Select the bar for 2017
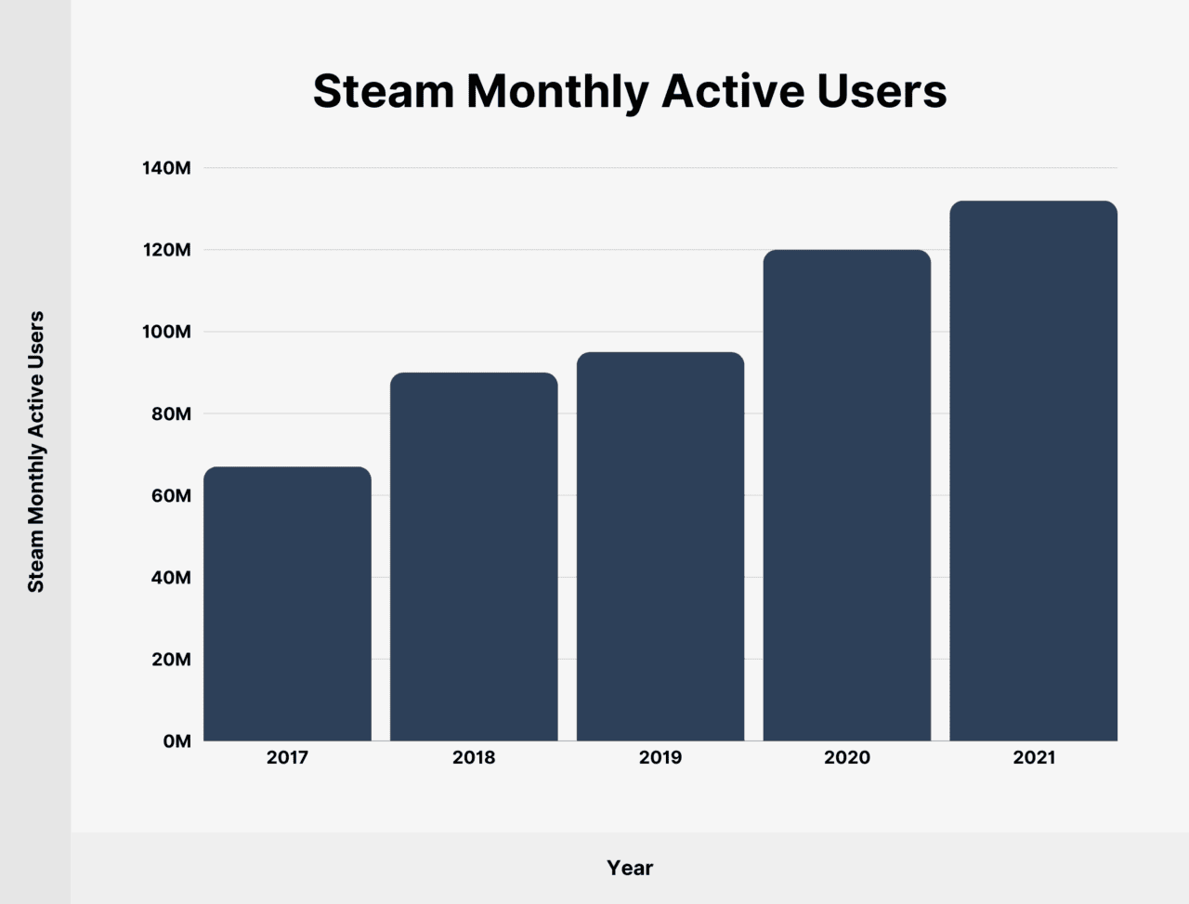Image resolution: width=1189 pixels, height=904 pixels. pos(287,604)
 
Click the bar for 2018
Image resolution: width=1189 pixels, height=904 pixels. pos(474,557)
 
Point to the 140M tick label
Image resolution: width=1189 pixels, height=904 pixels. pos(166,169)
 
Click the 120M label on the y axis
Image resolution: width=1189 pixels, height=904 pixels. pos(166,251)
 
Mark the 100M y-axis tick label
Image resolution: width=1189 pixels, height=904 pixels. pos(166,333)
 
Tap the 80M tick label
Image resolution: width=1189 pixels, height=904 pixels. pos(170,414)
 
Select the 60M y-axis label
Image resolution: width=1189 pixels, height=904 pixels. pos(170,496)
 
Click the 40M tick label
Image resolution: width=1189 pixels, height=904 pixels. pos(170,578)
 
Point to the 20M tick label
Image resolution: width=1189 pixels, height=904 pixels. pos(170,660)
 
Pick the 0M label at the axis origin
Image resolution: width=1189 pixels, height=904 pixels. pos(176,741)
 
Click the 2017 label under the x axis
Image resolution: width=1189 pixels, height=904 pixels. pos(287,758)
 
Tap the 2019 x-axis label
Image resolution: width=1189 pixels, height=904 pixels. pos(660,758)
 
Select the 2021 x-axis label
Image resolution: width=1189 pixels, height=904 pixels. pos(1034,758)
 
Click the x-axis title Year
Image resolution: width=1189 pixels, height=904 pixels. pos(630,868)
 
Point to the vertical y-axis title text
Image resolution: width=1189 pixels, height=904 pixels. pos(35,452)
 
